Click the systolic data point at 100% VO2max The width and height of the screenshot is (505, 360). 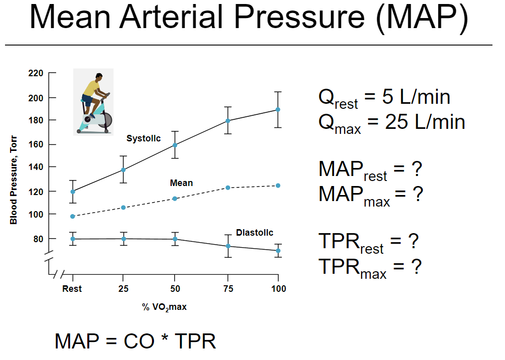[278, 109]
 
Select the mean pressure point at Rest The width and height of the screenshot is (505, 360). [73, 216]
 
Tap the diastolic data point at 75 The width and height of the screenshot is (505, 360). [228, 246]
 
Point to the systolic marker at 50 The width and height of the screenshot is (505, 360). [175, 145]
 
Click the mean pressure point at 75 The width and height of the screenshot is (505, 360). [228, 188]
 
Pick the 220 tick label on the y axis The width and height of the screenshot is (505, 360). [35, 73]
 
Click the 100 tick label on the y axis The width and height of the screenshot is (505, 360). [35, 214]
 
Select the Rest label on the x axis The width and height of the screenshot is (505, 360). [72, 289]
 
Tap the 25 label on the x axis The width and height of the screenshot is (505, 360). [123, 289]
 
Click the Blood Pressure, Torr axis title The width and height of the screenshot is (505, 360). [14, 175]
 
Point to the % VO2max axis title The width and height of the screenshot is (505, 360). [164, 307]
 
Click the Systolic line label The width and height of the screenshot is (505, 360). [143, 138]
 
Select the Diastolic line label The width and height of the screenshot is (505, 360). [254, 233]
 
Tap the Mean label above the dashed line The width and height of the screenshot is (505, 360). [181, 184]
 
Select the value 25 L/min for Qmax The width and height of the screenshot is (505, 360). [425, 122]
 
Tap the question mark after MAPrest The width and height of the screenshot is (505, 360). [416, 169]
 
